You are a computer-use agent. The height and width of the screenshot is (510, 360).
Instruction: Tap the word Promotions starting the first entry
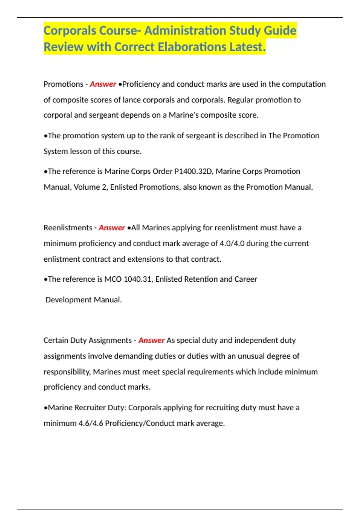coord(63,84)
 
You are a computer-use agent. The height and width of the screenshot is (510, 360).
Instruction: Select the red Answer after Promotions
coord(103,84)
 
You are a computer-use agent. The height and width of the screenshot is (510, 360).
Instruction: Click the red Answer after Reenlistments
coord(112,228)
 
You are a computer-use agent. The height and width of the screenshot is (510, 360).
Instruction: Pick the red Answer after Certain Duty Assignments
coord(151,340)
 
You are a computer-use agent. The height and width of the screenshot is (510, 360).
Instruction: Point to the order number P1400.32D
coord(193,171)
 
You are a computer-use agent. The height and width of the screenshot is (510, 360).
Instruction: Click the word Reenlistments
coord(68,228)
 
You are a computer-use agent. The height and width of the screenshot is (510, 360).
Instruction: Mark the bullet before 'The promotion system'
coord(46,136)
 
